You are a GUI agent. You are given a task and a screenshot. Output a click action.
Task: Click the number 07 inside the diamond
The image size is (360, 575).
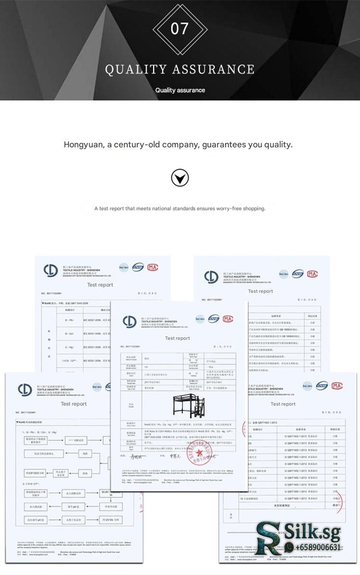180,29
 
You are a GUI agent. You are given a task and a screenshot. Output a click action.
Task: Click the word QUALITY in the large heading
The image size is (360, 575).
135,70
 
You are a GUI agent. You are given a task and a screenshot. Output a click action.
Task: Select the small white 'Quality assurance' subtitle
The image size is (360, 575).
180,90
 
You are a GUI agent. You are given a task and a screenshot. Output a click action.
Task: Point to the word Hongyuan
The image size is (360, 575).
84,144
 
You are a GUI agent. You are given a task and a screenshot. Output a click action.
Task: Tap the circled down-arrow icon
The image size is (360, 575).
180,178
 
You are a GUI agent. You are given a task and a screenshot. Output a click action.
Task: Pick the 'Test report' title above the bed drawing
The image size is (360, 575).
178,338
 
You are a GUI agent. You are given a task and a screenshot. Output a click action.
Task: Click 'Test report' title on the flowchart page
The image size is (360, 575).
73,404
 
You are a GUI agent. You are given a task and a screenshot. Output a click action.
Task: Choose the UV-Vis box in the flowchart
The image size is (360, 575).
110,519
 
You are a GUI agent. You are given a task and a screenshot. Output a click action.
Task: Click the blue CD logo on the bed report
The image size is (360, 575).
130,321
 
